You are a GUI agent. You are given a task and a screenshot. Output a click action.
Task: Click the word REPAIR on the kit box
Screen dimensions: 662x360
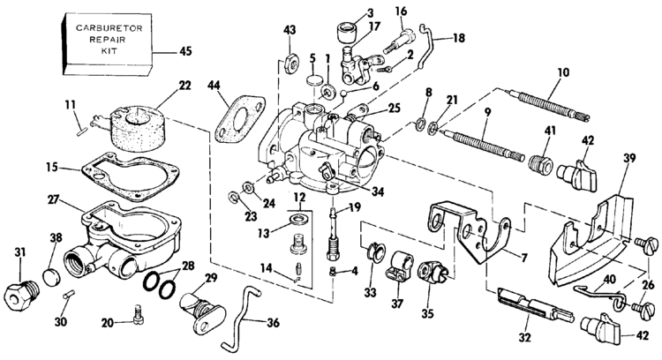pos(107,40)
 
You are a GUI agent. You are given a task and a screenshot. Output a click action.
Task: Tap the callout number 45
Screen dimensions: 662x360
pos(185,51)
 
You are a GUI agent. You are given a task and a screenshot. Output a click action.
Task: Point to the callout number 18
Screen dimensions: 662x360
pos(458,38)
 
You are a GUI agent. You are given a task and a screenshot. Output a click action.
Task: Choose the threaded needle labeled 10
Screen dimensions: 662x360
pos(550,105)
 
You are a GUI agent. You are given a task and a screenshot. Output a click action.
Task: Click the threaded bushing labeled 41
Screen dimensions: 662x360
pos(541,165)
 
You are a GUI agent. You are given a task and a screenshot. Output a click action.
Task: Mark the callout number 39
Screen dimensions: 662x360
pos(630,158)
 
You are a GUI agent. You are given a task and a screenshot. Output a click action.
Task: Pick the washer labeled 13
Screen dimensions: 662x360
pos(299,220)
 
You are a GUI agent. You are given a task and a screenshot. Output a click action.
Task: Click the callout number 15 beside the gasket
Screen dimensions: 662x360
pos(53,168)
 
